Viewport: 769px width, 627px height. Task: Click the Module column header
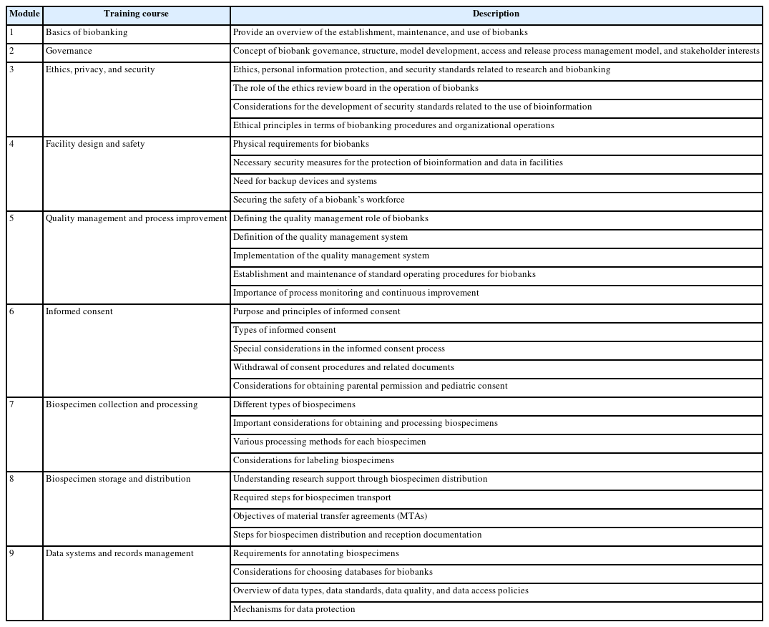(x=24, y=14)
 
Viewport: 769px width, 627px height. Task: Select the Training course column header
(x=136, y=14)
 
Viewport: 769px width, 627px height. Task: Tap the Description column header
(x=496, y=14)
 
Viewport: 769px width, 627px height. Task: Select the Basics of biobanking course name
(x=87, y=33)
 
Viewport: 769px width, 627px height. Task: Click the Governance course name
(x=69, y=52)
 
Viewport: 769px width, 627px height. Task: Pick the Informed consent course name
(x=79, y=311)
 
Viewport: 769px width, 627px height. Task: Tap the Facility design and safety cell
(x=95, y=144)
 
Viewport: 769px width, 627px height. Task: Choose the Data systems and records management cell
(x=119, y=553)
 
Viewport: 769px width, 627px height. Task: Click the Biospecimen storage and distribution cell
(x=118, y=479)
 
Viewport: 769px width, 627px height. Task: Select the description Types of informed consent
(x=285, y=330)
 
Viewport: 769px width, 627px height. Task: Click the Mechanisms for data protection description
(x=294, y=609)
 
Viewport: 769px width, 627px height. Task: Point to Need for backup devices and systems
(x=305, y=181)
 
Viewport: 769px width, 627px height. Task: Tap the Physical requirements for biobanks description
(x=301, y=144)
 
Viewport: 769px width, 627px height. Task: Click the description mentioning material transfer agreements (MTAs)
(x=330, y=516)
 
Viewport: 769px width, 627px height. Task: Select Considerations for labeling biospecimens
(x=313, y=460)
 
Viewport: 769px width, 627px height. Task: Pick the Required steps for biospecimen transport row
(x=312, y=497)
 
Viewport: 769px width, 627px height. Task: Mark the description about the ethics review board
(x=356, y=88)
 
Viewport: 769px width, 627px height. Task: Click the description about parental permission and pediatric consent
(x=370, y=386)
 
